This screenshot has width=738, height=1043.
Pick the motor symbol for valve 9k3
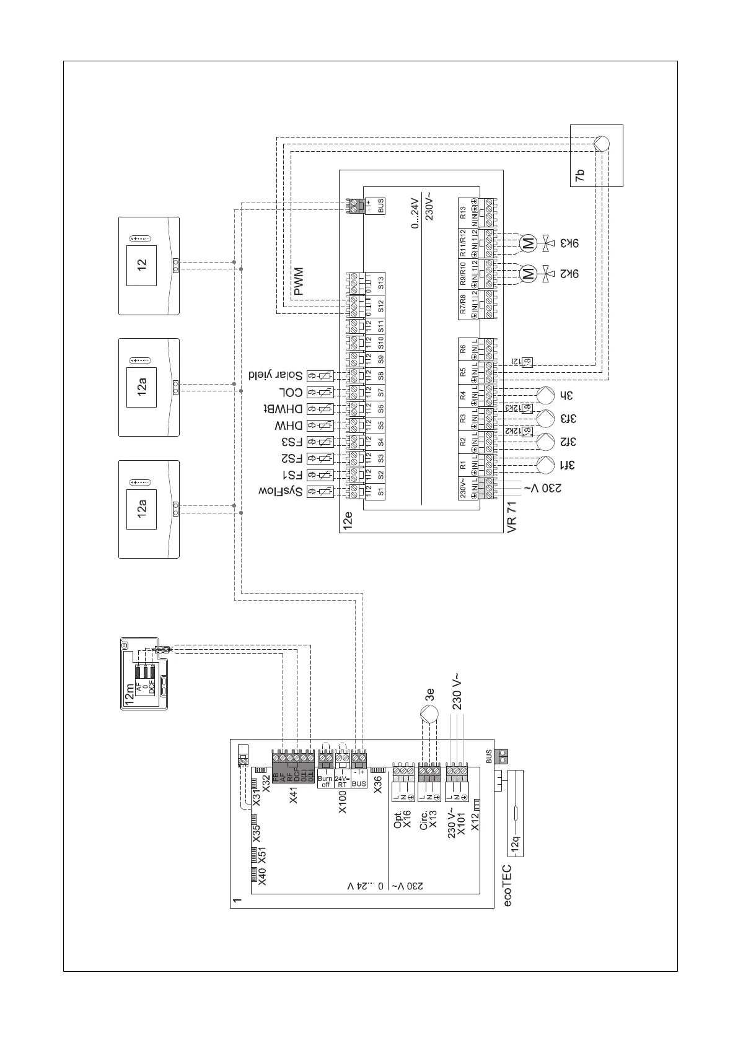tap(529, 243)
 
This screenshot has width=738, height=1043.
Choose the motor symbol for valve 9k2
tap(529, 273)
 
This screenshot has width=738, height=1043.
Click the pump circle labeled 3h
tap(545, 395)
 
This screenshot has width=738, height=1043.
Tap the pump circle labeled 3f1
tap(545, 464)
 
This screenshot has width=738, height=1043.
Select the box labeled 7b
tap(595, 155)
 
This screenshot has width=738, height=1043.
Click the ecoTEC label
tap(507, 886)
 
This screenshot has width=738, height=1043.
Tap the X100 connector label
tap(342, 801)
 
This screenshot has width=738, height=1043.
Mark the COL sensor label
tap(289, 392)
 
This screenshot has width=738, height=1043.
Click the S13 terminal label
tap(381, 283)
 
